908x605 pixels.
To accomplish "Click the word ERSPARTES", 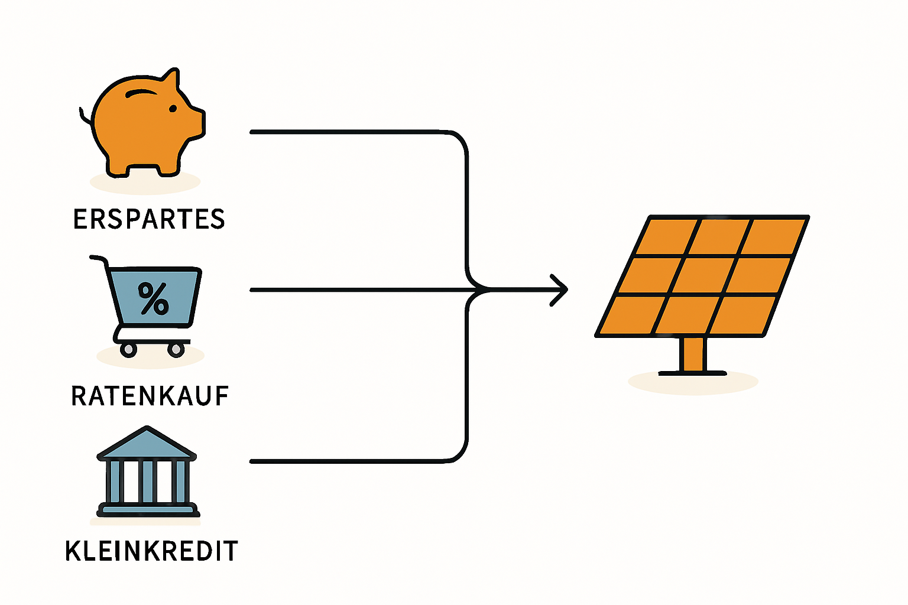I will tap(149, 219).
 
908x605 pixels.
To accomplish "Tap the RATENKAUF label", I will tap(150, 396).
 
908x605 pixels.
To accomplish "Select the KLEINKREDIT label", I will tap(151, 551).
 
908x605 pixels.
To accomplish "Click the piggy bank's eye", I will tap(173, 109).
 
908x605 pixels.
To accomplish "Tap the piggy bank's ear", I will tap(171, 80).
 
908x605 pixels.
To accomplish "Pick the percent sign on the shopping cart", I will tap(153, 298).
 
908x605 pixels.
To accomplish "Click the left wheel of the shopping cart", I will tap(128, 349).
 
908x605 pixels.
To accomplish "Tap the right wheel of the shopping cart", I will tap(176, 349).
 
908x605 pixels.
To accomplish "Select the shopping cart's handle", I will tap(99, 259).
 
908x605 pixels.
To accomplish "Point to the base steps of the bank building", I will tap(148, 509).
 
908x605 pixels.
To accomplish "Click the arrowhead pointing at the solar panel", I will tap(559, 290).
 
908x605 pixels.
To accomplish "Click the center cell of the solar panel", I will tap(702, 275).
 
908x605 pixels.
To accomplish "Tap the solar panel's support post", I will tap(693, 354).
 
